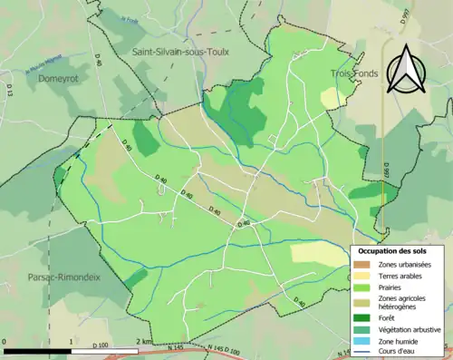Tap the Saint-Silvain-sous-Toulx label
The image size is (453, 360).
pos(181,53)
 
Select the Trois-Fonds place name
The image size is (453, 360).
pos(350,73)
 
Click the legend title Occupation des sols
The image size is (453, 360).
pos(388,250)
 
